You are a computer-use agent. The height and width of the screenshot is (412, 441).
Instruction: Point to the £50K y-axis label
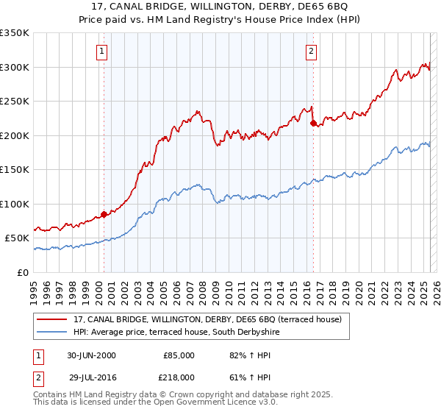pos(16,238)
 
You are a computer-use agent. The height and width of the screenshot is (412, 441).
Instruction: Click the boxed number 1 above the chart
pos(101,51)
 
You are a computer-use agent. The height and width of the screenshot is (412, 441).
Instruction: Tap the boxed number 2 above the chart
pos(312,51)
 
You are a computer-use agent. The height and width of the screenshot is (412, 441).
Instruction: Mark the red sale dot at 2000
pos(104,215)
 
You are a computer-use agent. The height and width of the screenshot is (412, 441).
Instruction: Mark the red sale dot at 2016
pos(314,124)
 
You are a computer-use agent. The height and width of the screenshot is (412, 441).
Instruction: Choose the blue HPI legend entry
pos(176,333)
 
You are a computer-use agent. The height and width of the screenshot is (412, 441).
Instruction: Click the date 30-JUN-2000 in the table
pos(91,355)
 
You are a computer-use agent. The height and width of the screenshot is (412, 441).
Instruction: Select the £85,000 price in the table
pos(179,355)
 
